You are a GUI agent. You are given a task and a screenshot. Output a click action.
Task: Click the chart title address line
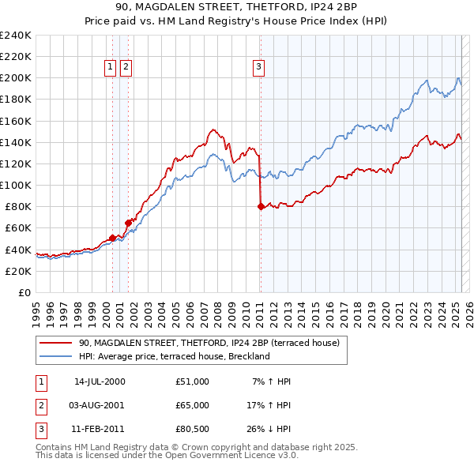237,8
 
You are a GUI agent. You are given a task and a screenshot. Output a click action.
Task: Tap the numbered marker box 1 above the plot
110,68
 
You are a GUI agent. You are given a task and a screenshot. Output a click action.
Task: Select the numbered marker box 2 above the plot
126,68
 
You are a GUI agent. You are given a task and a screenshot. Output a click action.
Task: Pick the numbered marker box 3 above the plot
258,68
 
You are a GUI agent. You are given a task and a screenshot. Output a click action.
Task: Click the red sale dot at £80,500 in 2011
261,206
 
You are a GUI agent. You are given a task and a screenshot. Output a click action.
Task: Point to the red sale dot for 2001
128,223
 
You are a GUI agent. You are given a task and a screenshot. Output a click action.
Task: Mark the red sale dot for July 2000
113,237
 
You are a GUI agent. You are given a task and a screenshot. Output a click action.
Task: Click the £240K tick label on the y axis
16,36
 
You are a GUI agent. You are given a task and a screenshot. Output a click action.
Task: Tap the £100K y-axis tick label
16,185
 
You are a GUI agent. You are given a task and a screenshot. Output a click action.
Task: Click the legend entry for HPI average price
174,356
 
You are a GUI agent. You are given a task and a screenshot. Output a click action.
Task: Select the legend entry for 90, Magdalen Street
209,344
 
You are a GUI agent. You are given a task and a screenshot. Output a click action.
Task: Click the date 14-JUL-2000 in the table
100,381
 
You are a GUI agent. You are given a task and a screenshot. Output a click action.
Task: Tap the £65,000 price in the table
193,405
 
